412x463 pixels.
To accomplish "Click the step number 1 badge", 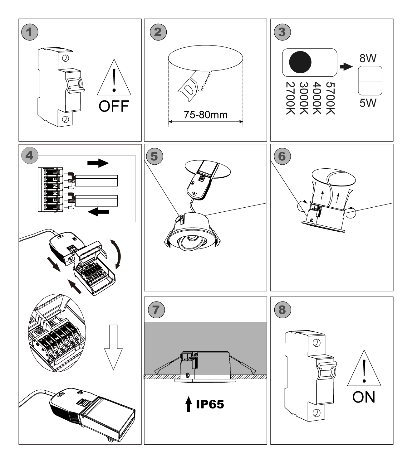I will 30,32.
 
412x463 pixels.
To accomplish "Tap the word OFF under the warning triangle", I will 114,106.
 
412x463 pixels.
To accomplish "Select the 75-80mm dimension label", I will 206,115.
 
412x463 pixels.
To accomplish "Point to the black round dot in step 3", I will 300,62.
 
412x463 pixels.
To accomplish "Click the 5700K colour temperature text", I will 330,98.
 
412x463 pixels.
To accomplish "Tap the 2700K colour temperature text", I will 291,98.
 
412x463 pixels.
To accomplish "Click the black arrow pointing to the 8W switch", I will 346,67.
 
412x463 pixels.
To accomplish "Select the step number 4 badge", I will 29,155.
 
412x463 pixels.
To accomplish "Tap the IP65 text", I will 210,404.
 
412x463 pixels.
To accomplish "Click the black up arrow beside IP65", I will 188,405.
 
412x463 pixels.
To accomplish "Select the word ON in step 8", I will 364,397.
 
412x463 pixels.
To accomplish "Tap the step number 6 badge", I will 282,156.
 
